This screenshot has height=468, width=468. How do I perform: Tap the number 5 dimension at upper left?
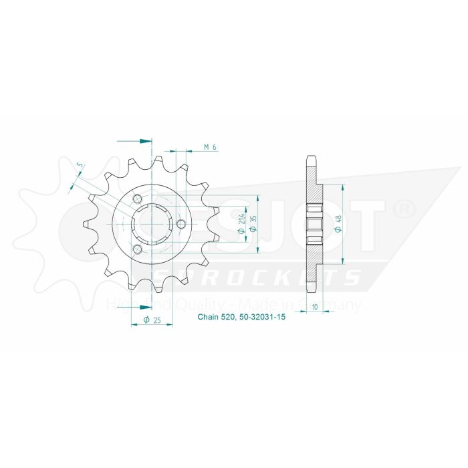[80, 165]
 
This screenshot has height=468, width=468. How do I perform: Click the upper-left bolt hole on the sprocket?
[137, 199]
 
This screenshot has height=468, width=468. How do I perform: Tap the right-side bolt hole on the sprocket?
[181, 223]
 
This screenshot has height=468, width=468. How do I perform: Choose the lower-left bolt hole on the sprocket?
[137, 249]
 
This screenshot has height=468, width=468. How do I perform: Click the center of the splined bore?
[152, 223]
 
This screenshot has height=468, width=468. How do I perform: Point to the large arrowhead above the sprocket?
[145, 141]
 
